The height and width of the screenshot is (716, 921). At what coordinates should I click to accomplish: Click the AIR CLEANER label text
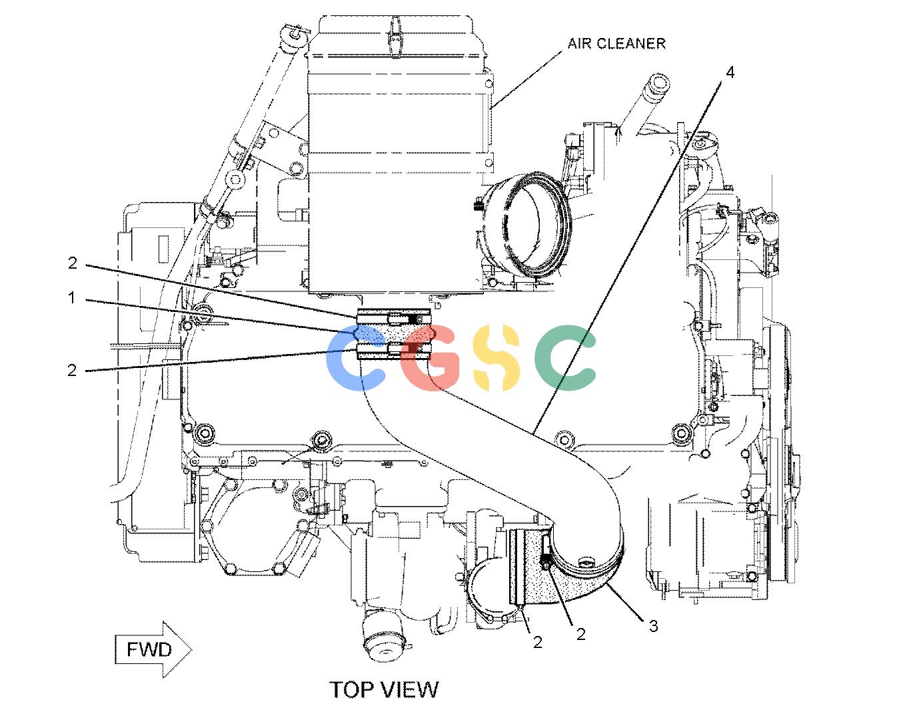coord(616,43)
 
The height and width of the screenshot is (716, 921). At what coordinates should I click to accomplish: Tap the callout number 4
coord(730,73)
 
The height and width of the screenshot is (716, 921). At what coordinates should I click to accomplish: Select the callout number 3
coord(653,626)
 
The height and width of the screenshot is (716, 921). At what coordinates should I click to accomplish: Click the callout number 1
coord(72,297)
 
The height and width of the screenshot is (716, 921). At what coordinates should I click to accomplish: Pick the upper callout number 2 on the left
coord(73,263)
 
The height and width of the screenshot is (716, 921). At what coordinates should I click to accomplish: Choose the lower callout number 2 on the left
coord(72,370)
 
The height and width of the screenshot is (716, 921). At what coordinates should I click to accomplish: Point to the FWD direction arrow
coord(153,649)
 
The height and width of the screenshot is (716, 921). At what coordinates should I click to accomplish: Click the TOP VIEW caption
coord(384,690)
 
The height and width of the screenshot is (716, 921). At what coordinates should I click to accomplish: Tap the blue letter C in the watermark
coord(356,357)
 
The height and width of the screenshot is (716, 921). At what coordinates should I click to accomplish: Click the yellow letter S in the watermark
coord(496,357)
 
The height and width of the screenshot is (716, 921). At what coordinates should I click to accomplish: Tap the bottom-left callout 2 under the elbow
coord(537,642)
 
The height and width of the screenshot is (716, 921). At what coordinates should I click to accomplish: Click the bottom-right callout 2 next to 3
coord(580,634)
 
